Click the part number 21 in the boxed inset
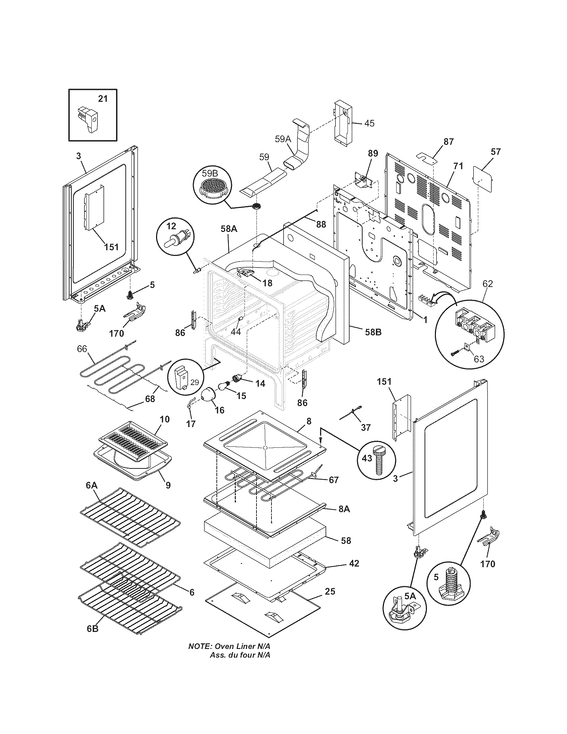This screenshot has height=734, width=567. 103,99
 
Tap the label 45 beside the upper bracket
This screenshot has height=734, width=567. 369,123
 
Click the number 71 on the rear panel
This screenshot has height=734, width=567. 458,166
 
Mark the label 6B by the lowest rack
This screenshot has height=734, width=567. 93,638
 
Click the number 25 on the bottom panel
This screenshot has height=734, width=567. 330,591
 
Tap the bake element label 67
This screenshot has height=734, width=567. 334,480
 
